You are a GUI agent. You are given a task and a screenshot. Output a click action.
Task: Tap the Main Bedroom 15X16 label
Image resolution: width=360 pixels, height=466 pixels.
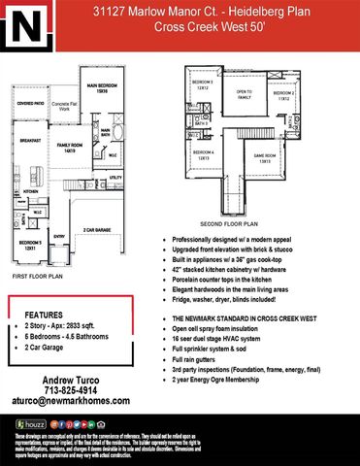click(x=109, y=88)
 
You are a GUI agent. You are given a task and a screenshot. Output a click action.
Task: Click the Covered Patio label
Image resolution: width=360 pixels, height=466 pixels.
click(x=30, y=101)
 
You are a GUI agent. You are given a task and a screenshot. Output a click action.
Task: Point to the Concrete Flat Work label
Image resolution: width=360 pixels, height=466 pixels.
click(x=66, y=106)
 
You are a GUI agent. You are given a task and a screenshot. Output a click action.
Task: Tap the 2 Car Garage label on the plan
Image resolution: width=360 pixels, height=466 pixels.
click(x=97, y=229)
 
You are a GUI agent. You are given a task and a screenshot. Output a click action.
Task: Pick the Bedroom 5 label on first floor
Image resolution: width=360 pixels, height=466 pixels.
click(x=28, y=244)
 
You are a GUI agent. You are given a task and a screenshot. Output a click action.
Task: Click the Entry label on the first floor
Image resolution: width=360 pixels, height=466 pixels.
click(x=59, y=236)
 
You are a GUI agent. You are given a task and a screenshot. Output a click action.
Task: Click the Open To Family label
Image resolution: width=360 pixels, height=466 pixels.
click(x=244, y=95)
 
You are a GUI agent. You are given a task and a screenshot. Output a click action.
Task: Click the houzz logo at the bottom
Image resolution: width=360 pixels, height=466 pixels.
click(x=30, y=424)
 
